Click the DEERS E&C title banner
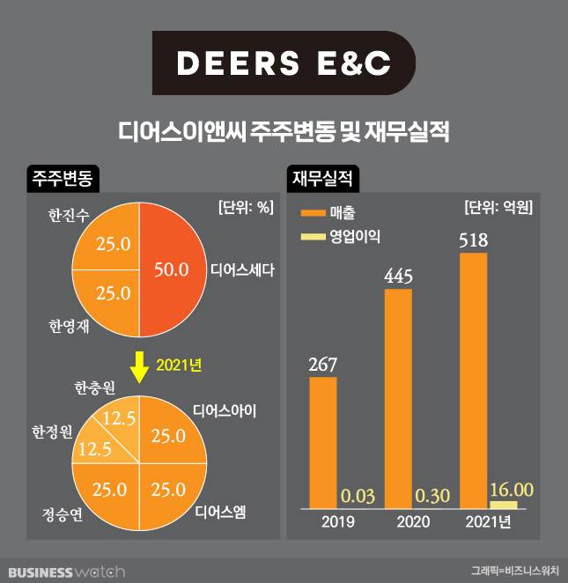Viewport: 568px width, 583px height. [283, 63]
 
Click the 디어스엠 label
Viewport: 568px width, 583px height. [222, 509]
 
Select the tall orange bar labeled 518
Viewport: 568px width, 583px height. [474, 380]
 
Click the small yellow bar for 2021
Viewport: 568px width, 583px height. [504, 504]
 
